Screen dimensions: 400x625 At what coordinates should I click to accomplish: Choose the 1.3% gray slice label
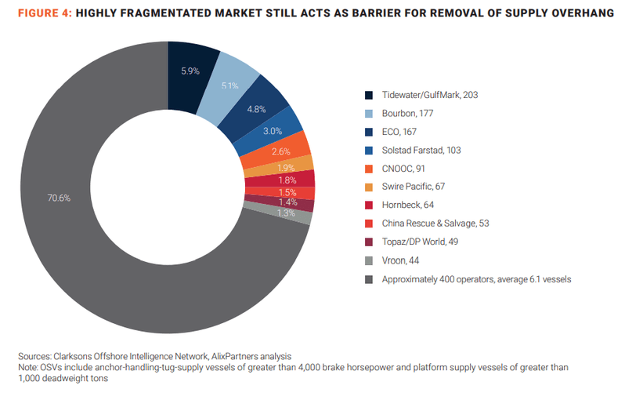point(285,213)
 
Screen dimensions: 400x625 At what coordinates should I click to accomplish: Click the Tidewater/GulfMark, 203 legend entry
point(429,95)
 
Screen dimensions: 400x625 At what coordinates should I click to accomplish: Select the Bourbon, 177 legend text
point(408,114)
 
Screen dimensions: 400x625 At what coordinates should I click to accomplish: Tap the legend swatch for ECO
point(368,132)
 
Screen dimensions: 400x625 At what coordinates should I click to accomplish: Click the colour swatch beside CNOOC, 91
point(368,169)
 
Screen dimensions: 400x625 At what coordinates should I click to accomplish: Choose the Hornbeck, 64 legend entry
point(407,205)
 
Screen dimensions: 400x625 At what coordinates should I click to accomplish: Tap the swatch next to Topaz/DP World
point(368,242)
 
